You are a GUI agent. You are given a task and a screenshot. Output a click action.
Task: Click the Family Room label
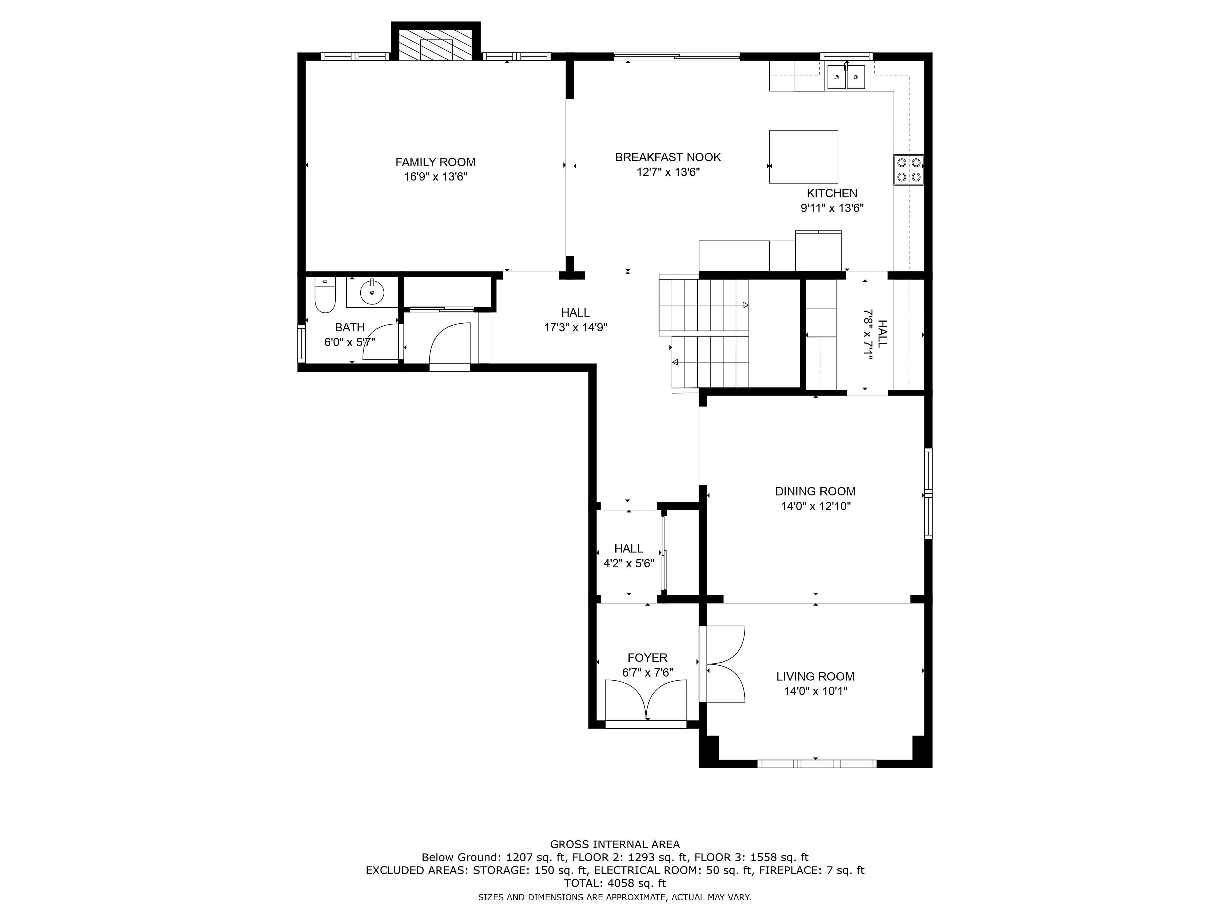(x=435, y=162)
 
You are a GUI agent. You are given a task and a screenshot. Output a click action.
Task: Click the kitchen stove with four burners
(x=909, y=170)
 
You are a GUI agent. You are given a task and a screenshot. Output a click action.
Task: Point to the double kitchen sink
(x=846, y=77)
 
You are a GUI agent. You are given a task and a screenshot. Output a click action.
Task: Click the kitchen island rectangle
(x=803, y=157)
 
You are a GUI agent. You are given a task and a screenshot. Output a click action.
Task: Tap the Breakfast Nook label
(x=668, y=157)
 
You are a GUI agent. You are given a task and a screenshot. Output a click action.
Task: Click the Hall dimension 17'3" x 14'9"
(x=576, y=328)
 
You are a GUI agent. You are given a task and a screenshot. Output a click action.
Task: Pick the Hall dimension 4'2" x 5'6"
(x=629, y=563)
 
